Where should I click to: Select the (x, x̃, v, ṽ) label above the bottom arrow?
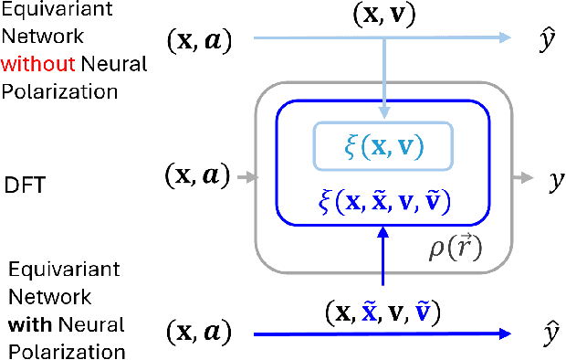tap(384, 312)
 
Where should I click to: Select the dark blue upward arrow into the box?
tap(384, 265)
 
